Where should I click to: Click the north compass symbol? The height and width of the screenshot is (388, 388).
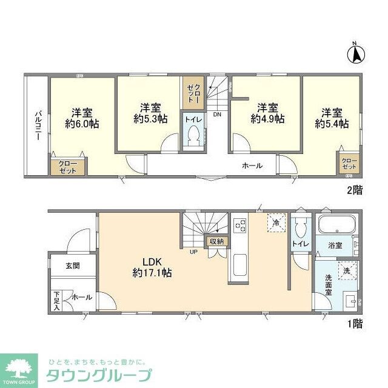coord(356,53)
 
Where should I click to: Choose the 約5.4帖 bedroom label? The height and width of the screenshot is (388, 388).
coord(332,118)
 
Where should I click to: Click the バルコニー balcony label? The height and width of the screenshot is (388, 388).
coord(37,125)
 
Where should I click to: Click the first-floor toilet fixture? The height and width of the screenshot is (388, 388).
coord(299,228)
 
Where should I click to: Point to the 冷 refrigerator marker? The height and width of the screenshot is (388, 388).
coord(275,223)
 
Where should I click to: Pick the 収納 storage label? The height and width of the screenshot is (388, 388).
coord(217,241)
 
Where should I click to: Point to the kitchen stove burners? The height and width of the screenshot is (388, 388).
coord(239,226)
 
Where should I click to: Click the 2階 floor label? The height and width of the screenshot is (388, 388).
coord(355,190)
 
